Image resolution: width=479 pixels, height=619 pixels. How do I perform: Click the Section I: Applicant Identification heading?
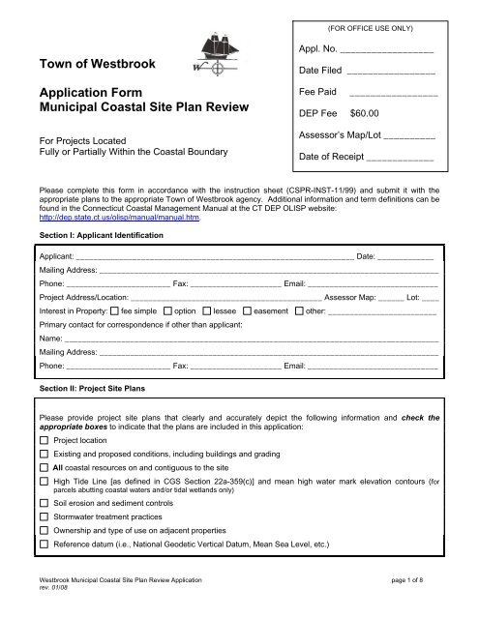95,235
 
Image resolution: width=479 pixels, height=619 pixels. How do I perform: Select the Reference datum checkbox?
45,571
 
